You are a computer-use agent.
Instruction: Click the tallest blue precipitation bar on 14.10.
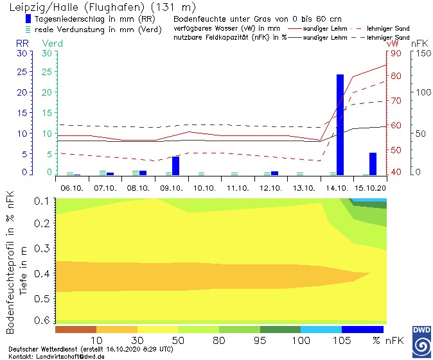tap(340, 124)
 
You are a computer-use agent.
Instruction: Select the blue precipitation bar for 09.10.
tap(175, 166)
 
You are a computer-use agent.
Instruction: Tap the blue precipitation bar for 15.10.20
tap(373, 164)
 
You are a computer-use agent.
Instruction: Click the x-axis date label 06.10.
tap(72, 188)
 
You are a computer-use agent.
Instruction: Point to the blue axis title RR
tap(22, 43)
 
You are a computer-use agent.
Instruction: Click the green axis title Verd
tap(52, 43)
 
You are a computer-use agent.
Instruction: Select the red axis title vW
tap(392, 43)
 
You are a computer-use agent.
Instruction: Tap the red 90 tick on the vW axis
tap(395, 54)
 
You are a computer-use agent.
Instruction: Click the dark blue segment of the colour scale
tap(362, 330)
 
